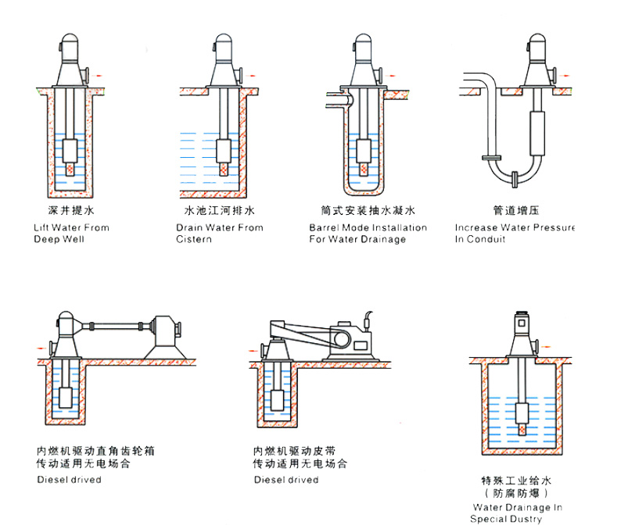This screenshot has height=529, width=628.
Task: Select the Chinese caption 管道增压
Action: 517,211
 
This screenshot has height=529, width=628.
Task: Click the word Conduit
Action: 486,239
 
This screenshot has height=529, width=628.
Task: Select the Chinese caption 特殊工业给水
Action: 517,479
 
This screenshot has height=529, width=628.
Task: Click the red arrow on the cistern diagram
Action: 256,74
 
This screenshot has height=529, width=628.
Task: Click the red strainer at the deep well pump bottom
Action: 70,169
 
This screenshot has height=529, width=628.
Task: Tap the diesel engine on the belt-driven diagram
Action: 348,341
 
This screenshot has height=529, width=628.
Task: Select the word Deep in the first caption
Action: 47,239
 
